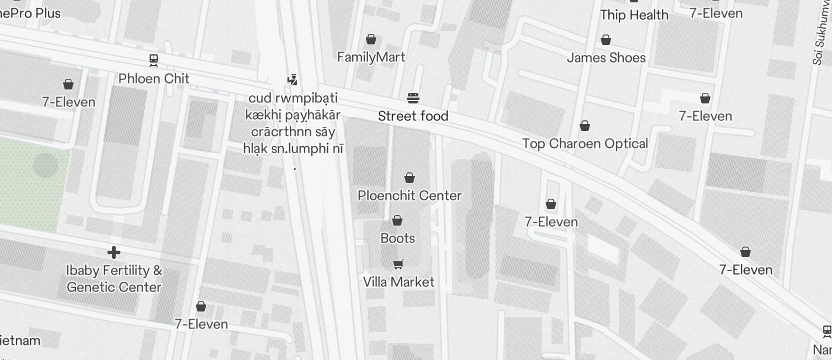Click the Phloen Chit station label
click(154, 78)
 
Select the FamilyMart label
click(371, 57)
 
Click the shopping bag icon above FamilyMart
click(370, 39)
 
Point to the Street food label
click(413, 116)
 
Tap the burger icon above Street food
click(413, 98)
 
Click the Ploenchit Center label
click(410, 195)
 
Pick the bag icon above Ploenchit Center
click(410, 177)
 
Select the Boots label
click(397, 238)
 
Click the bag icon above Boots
click(397, 220)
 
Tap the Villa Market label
click(398, 282)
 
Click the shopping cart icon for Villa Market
click(398, 264)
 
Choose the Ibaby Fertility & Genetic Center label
click(114, 279)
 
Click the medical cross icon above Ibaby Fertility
click(114, 252)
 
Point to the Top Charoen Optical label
click(585, 143)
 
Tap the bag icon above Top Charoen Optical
click(585, 126)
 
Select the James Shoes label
click(606, 57)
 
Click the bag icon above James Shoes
click(606, 40)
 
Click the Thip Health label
click(634, 15)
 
